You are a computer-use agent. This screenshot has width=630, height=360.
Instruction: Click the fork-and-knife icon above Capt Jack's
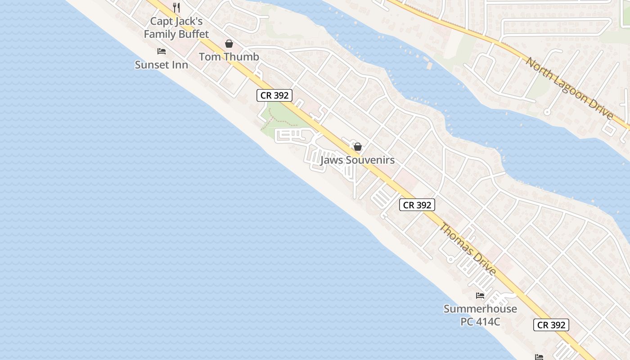(x=176, y=8)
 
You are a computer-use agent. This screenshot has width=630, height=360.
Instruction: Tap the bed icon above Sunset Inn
(x=162, y=51)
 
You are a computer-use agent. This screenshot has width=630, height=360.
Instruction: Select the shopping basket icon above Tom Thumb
(x=229, y=44)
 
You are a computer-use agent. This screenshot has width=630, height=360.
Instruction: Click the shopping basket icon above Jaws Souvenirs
(x=358, y=147)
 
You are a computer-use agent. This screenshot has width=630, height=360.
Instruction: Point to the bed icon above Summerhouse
(x=480, y=296)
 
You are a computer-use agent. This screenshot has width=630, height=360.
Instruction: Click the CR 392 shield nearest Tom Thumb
(x=274, y=95)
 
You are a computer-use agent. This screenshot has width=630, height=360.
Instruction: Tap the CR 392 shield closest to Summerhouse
(x=551, y=325)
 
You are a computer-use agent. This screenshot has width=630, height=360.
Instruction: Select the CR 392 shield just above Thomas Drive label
(x=417, y=205)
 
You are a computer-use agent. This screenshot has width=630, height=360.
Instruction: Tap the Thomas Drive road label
(x=468, y=248)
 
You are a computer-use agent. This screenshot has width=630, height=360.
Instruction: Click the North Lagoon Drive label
(x=570, y=89)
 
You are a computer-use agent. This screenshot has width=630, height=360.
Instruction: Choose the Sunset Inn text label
(x=162, y=65)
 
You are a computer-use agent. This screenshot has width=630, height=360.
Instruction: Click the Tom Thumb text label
(x=229, y=57)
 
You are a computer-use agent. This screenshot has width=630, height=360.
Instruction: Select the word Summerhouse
(x=480, y=309)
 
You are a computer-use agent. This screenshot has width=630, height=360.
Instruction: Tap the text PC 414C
(x=480, y=322)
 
